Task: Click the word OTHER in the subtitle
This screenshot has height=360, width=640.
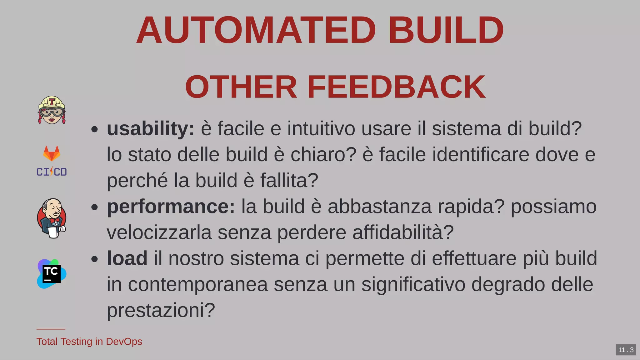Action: coord(241,87)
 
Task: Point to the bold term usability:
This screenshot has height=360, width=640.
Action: coord(151,129)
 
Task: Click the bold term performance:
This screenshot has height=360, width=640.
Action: coord(171,207)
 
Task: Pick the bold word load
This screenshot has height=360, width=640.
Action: coord(127,258)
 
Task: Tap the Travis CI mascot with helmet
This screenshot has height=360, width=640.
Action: coord(52,110)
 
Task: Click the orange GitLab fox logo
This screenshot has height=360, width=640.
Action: coord(52,153)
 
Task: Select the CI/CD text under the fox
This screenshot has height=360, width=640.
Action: coord(52,172)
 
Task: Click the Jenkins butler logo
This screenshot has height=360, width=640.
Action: coord(52,218)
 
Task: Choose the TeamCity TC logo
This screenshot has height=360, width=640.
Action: coord(52,274)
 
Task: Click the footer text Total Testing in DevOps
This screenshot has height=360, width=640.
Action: coord(89,342)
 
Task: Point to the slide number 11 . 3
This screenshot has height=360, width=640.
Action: coord(626,350)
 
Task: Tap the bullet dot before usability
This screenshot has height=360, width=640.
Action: coord(95,129)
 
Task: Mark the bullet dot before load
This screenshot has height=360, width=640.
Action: coord(95,259)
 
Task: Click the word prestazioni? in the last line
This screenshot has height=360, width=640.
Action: coord(161,310)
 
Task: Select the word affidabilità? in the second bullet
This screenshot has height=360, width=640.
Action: coord(403,232)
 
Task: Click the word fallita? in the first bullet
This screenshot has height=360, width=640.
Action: coord(289,181)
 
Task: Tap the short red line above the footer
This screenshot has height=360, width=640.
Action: coord(51,329)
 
